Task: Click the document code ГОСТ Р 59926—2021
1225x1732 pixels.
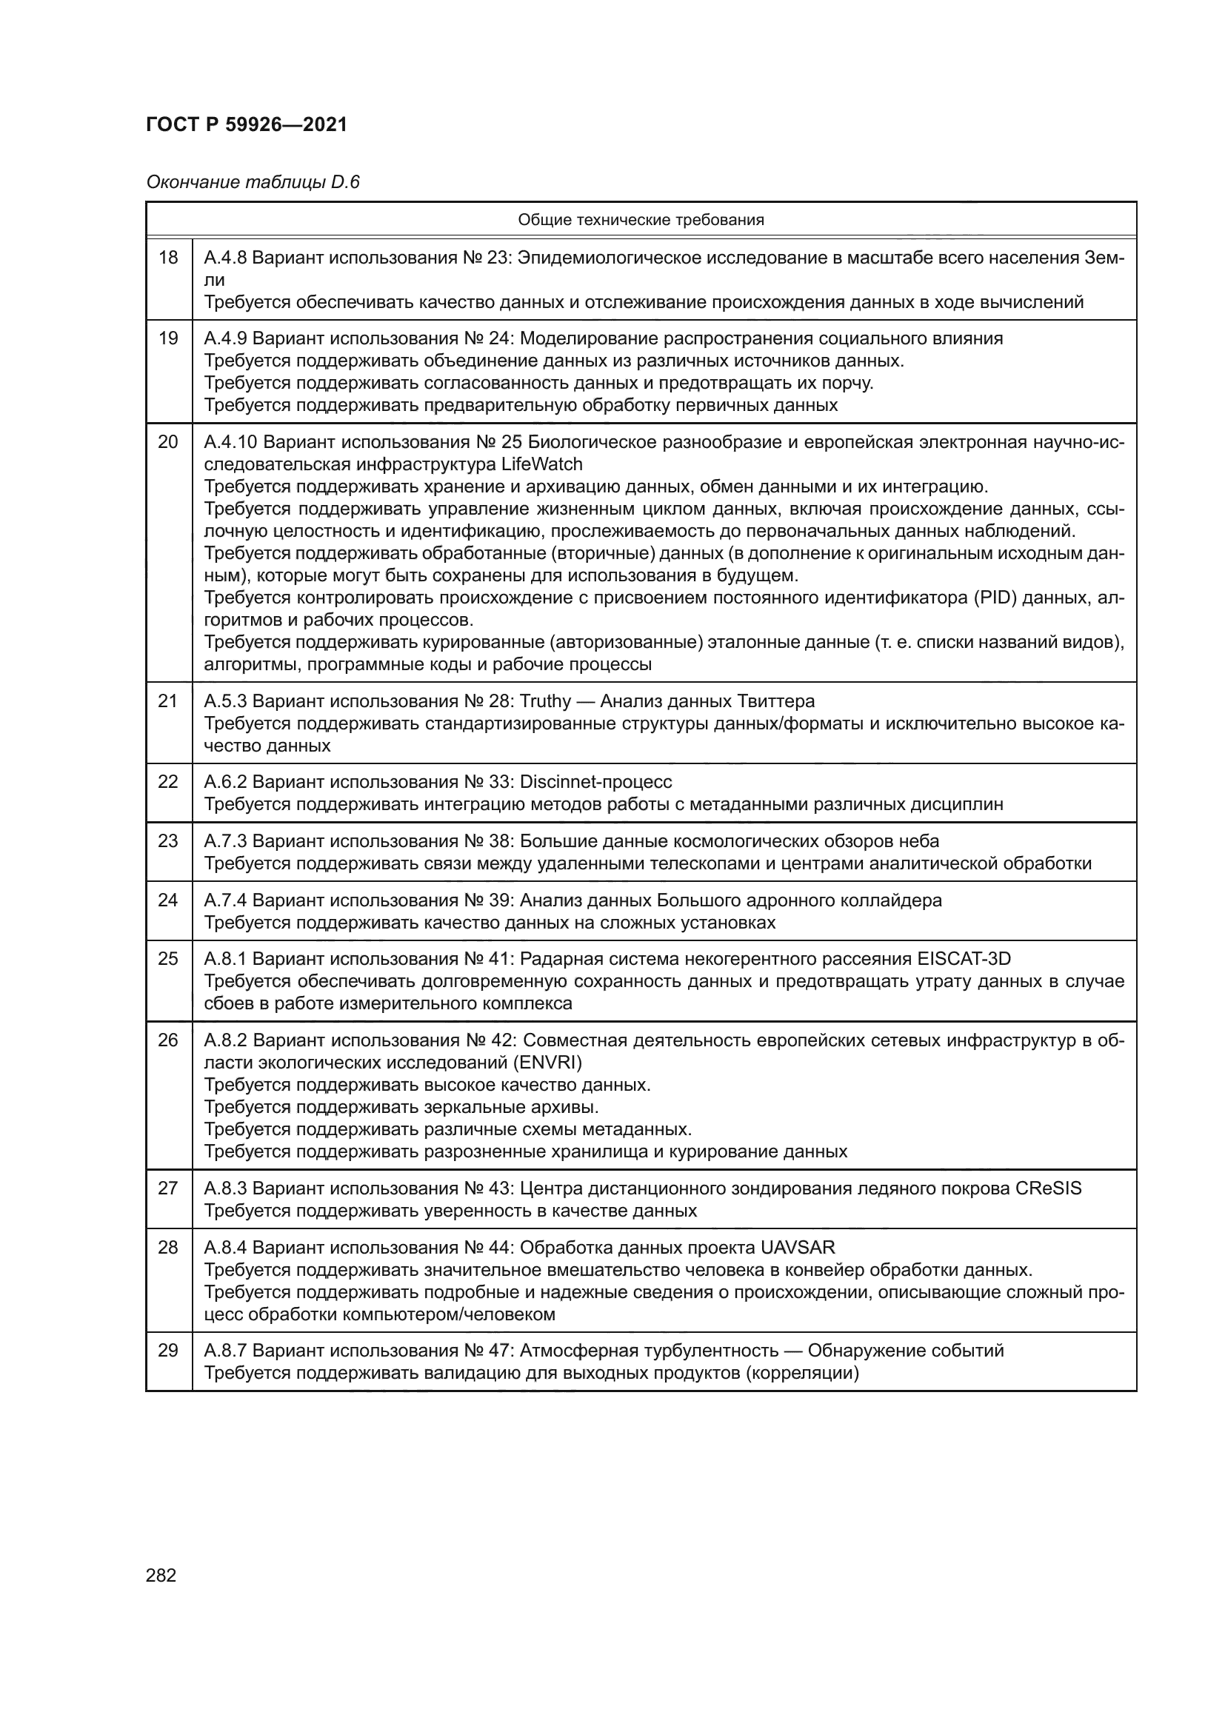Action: [247, 125]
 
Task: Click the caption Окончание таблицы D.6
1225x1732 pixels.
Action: [253, 182]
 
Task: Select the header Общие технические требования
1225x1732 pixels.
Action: [641, 220]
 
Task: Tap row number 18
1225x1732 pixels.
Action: [168, 258]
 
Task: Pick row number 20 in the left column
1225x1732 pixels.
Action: [168, 442]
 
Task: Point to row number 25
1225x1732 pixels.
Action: [168, 959]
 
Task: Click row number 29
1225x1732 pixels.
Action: [168, 1351]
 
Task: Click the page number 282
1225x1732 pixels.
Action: [161, 1575]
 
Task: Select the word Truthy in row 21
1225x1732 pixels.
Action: [545, 701]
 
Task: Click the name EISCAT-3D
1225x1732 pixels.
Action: [964, 959]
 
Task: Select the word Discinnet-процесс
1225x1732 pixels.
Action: [596, 782]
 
